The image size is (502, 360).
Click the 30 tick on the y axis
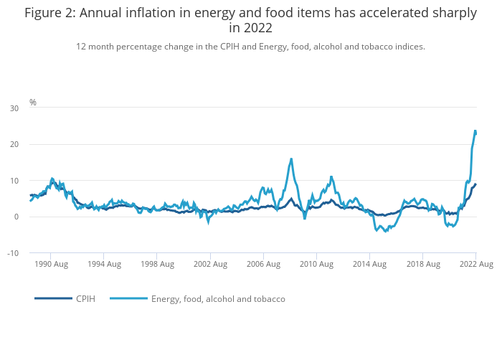[14, 108]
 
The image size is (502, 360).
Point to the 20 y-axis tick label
[14, 145]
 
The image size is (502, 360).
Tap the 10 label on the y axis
[14, 181]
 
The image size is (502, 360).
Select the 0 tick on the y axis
[16, 217]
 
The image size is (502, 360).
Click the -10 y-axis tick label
[13, 253]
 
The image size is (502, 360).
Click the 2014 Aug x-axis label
[369, 265]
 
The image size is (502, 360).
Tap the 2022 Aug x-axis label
[475, 265]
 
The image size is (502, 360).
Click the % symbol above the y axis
[32, 103]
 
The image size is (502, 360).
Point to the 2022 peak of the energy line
[475, 131]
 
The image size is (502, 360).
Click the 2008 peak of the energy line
[291, 158]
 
